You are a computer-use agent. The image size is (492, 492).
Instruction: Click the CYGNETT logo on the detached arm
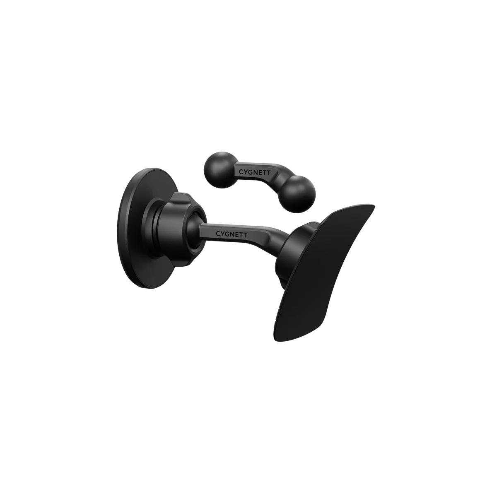pos(254,172)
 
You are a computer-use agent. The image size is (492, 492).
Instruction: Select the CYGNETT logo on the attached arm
pos(231,234)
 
